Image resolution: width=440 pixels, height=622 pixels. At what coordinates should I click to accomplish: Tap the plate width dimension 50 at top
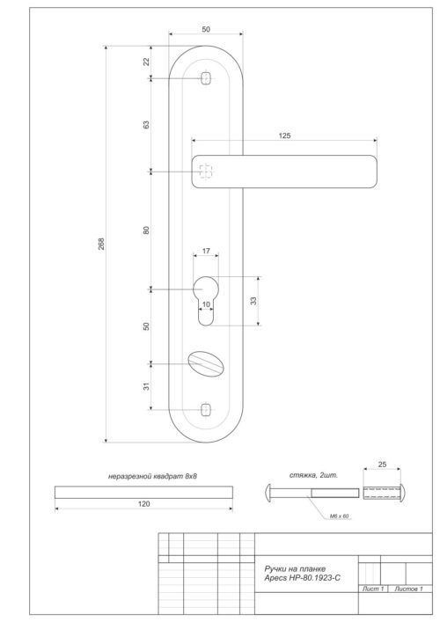tap(206, 30)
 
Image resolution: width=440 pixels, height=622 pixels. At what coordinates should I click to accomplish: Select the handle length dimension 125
tap(284, 135)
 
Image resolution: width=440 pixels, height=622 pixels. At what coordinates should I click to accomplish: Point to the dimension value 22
tap(147, 61)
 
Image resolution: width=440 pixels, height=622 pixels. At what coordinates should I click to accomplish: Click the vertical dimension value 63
tap(147, 124)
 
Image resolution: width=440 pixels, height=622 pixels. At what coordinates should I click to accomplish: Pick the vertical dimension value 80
tap(147, 230)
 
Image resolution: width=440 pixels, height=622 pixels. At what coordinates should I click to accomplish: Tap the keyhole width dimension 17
tap(206, 252)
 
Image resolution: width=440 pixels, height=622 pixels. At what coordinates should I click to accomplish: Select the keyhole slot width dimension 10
tap(206, 305)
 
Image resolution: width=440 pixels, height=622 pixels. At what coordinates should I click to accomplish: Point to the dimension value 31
tap(147, 385)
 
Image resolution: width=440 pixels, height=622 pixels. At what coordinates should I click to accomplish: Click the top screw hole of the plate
tap(206, 78)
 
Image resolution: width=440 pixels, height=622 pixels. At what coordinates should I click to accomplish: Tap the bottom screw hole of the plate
tap(206, 409)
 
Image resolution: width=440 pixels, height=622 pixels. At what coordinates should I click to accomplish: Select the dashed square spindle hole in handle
tap(206, 171)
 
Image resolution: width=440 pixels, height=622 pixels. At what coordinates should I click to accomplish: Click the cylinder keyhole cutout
tap(206, 296)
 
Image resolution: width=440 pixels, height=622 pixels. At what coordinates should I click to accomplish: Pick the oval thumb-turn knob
tap(206, 362)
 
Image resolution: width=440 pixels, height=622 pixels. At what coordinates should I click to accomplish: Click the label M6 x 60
tap(340, 516)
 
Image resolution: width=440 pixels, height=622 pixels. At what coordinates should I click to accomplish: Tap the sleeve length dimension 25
tap(381, 464)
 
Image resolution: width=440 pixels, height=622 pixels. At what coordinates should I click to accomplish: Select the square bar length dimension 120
tap(143, 503)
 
